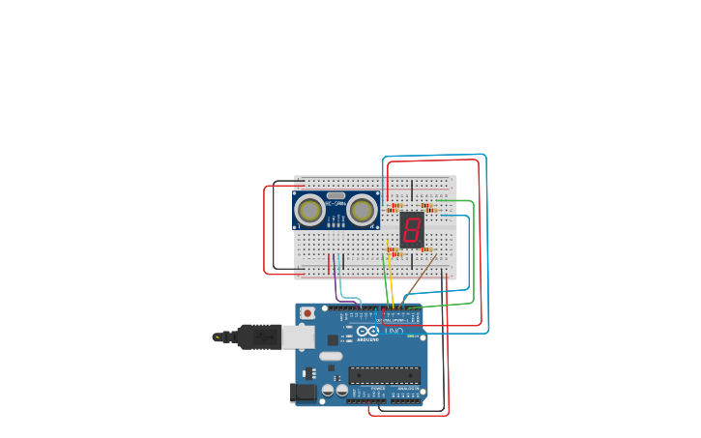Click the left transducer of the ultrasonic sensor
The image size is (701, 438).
click(309, 210)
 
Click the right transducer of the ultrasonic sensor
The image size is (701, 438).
click(363, 210)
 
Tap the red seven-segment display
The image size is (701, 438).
click(412, 229)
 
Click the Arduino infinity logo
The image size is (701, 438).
click(367, 332)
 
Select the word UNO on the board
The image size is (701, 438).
click(394, 332)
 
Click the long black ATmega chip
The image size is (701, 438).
click(384, 375)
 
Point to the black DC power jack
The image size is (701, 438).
click(302, 392)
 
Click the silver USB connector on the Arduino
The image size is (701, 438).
click(298, 336)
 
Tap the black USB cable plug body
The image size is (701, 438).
click(259, 336)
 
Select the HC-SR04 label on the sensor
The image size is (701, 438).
click(336, 203)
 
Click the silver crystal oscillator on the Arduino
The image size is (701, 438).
click(331, 356)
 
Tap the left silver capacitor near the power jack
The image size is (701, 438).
click(329, 390)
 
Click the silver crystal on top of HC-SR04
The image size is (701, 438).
click(336, 195)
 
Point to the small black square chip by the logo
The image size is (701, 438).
click(333, 339)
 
